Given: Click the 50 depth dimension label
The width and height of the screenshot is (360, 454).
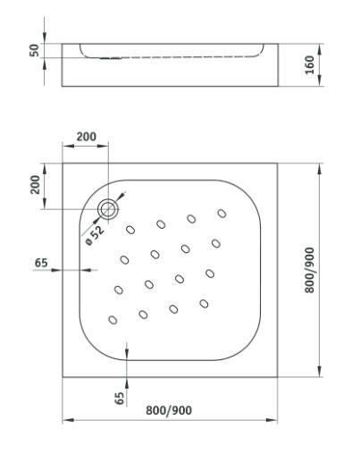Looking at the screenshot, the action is (35, 50).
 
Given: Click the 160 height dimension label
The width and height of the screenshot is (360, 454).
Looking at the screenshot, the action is (310, 64).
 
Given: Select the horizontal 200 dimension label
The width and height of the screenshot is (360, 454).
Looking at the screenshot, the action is (87, 137).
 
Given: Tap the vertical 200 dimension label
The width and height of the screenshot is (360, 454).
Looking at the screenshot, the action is (35, 185).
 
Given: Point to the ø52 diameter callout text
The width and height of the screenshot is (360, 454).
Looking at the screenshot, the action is (95, 235).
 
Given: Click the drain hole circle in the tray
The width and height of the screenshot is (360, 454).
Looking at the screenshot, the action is (109, 209).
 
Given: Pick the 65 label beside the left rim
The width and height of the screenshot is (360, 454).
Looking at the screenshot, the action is (41, 263).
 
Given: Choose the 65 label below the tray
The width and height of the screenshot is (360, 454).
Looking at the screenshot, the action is (120, 398).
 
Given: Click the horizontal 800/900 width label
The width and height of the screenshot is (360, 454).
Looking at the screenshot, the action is (169, 410).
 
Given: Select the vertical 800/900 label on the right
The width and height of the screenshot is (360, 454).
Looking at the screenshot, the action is (310, 270).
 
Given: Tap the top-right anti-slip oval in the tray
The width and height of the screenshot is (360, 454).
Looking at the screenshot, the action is (222, 214).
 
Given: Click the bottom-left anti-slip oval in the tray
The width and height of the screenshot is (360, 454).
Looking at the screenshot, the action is (113, 320).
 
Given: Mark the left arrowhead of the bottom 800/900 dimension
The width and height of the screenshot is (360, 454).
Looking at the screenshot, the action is (68, 420).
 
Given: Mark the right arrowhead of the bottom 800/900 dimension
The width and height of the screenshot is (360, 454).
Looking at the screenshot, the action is (272, 420).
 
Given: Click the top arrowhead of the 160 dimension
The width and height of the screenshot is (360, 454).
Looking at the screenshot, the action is (320, 49).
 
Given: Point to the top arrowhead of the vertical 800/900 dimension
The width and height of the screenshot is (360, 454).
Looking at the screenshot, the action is (320, 169).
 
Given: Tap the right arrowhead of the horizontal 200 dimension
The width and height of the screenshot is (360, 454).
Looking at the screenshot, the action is (103, 146).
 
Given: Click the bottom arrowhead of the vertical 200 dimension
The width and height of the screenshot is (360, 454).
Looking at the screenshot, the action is (45, 204).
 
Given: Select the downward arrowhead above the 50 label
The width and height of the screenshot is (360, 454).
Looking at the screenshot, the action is (45, 38).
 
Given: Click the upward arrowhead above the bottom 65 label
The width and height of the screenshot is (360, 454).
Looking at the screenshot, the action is (127, 383).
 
